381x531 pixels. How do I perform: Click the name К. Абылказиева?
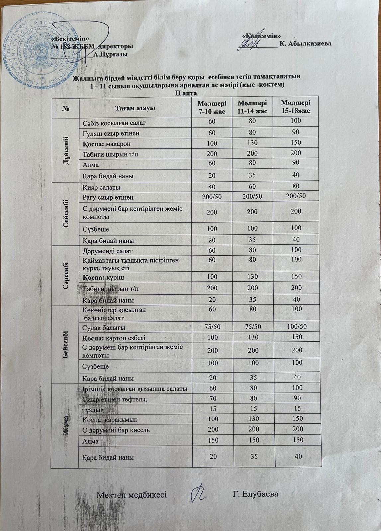(x=305, y=43)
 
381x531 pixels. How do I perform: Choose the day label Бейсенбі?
(x=65, y=343)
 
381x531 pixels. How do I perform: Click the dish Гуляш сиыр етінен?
(x=111, y=133)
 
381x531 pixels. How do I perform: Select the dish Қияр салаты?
(x=101, y=187)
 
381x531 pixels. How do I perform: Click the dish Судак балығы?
(x=104, y=328)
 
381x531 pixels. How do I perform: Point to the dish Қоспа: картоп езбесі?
(x=114, y=338)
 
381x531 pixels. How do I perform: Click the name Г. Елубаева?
(x=255, y=494)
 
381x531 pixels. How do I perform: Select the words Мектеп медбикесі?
(x=132, y=495)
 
